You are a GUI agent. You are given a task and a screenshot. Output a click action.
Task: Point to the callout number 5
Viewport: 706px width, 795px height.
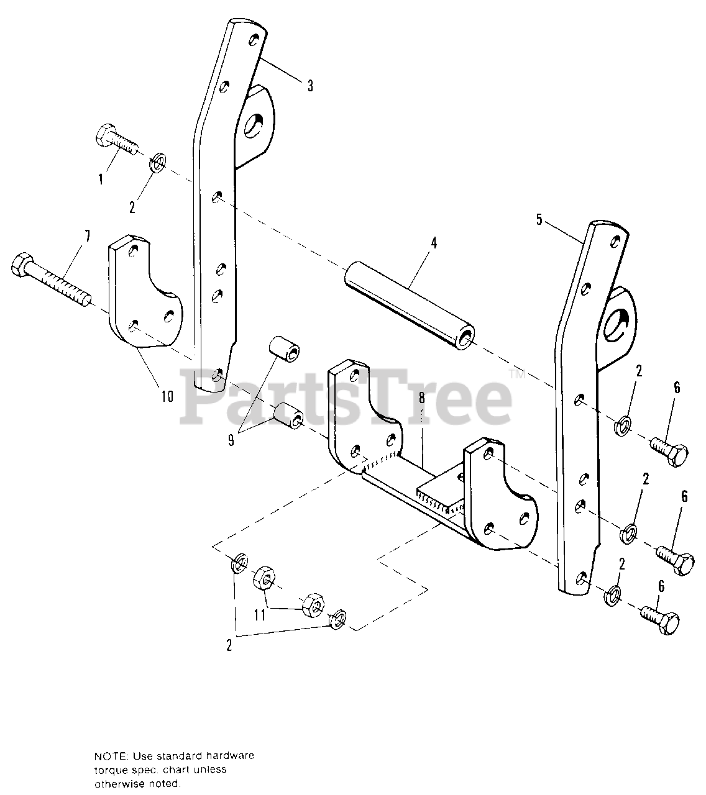539,219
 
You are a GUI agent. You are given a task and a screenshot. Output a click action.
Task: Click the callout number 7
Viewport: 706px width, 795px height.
87,235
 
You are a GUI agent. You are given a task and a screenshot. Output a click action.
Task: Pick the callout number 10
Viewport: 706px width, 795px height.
167,396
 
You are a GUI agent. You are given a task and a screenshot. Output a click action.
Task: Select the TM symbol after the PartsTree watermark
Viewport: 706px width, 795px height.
517,375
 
